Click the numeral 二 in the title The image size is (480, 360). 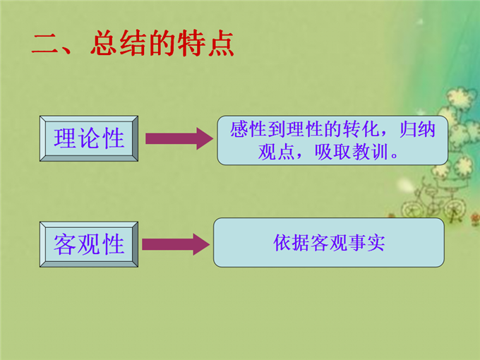pos(44,44)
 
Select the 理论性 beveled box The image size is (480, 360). pos(90,138)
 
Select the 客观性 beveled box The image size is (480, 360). pos(90,244)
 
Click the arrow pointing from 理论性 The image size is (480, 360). pos(178,138)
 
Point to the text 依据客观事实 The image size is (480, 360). pos(329,242)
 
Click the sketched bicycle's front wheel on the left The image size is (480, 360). pos(412,210)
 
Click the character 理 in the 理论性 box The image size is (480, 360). pos(65,138)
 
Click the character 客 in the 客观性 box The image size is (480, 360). pos(65,244)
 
